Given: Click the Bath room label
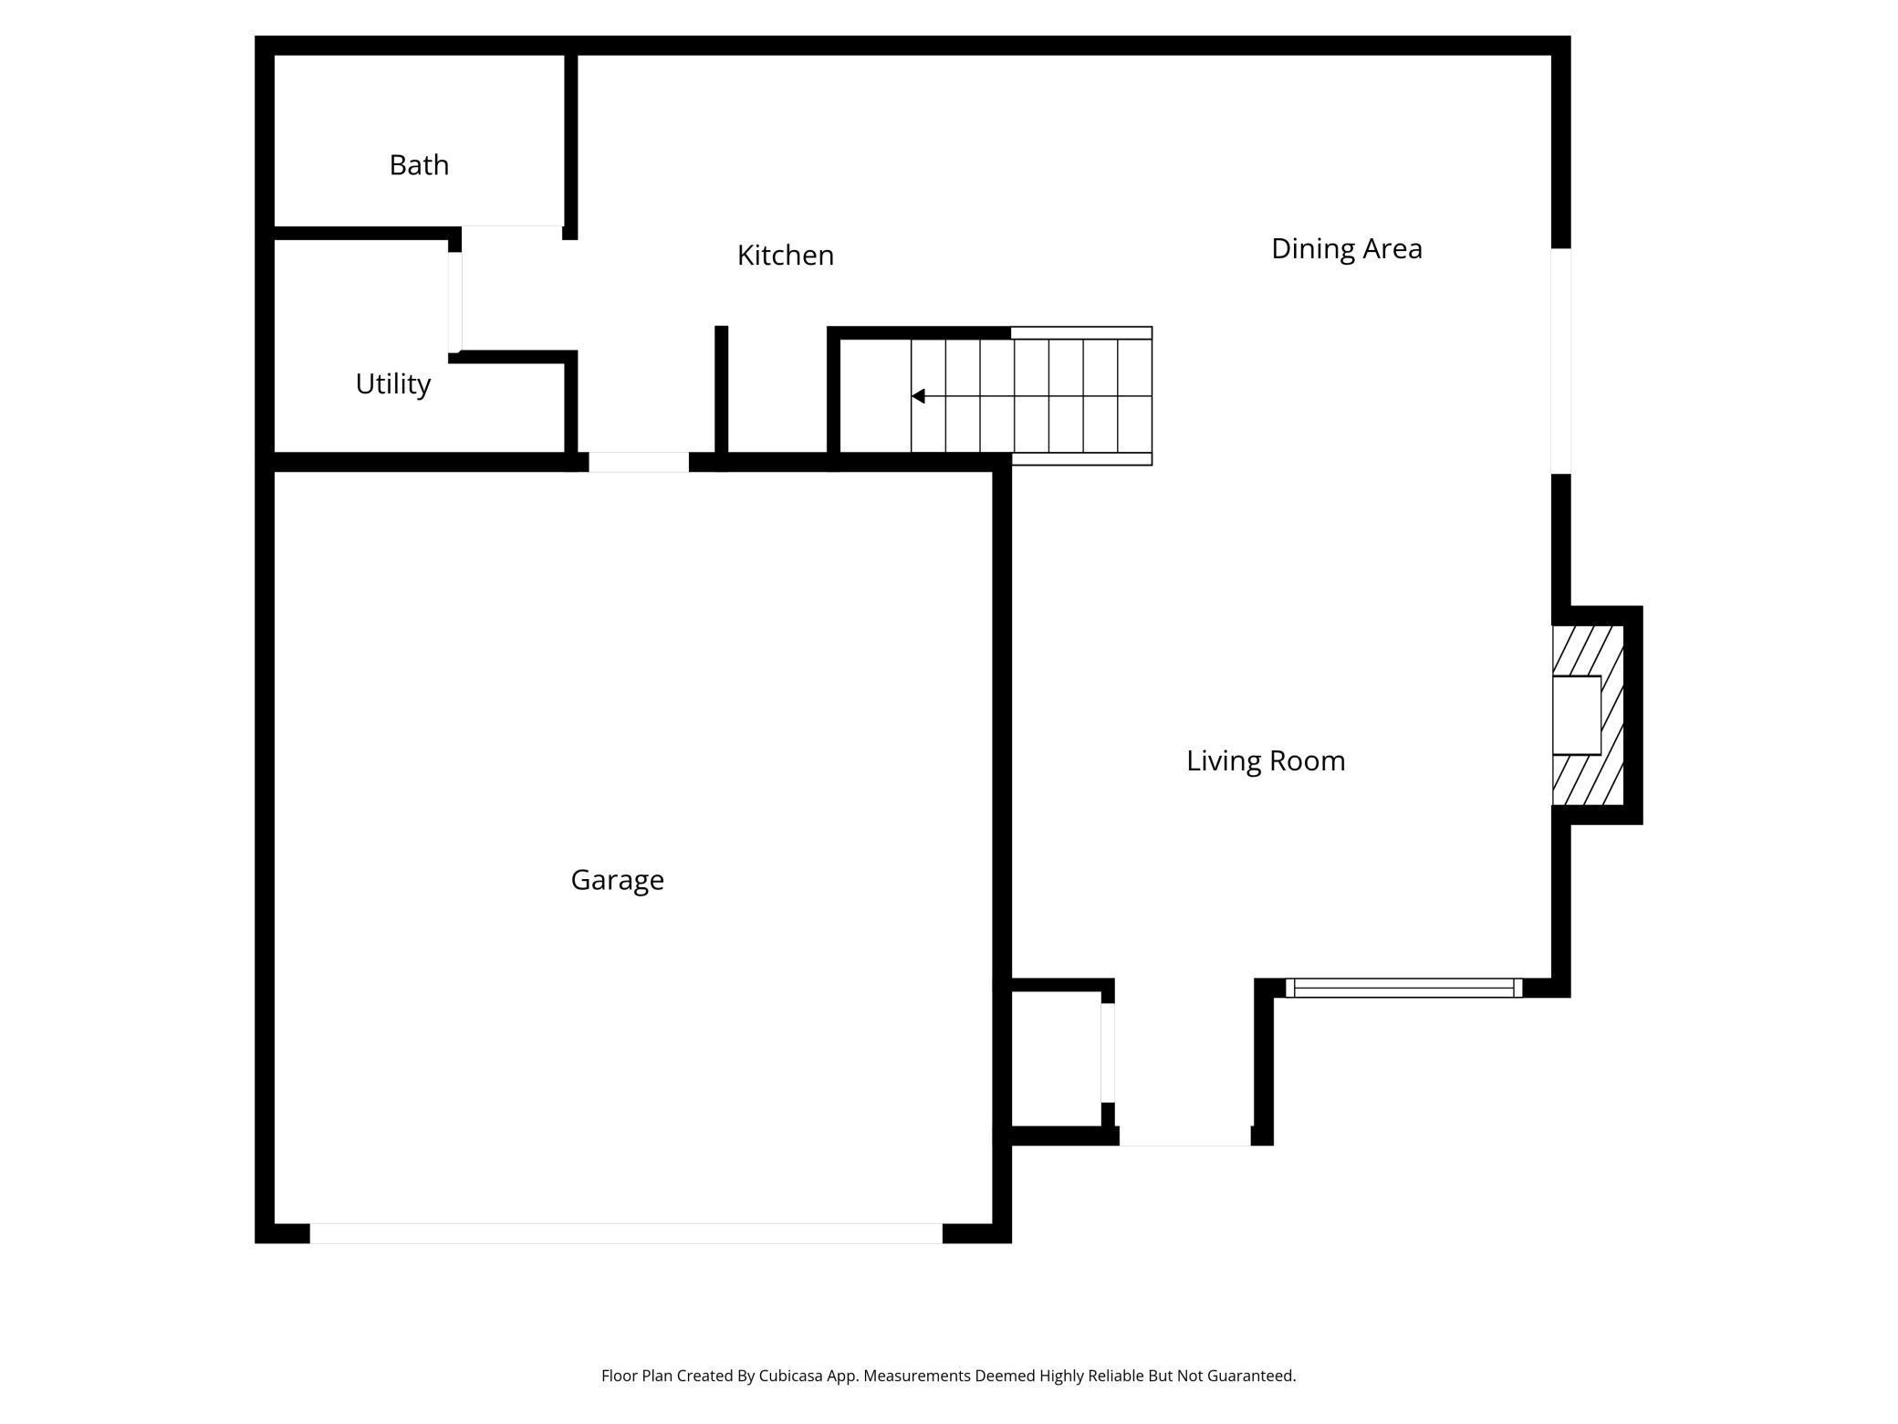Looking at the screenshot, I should tap(419, 165).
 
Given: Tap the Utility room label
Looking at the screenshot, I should tap(392, 383).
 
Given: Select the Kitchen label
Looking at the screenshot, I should tap(785, 256).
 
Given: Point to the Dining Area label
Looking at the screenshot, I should tap(1346, 248).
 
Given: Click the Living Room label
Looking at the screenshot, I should tap(1266, 760).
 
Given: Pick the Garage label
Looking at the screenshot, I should tap(617, 880).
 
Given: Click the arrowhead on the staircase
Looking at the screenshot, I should tap(918, 396).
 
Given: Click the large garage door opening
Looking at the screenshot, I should tap(626, 1233).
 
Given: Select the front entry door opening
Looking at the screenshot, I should tap(1184, 1136).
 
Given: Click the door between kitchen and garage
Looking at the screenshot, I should tap(638, 462).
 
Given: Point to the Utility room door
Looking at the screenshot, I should tap(454, 301).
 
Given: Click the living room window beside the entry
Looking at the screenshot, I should tap(1403, 988).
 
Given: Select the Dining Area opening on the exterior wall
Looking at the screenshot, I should tap(1561, 361).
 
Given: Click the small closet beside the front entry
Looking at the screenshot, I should tap(1056, 1059).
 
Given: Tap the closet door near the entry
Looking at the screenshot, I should tap(1108, 1052).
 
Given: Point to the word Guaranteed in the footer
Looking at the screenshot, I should tap(1250, 1376).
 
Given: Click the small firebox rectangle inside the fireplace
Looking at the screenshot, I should tap(1577, 715).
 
